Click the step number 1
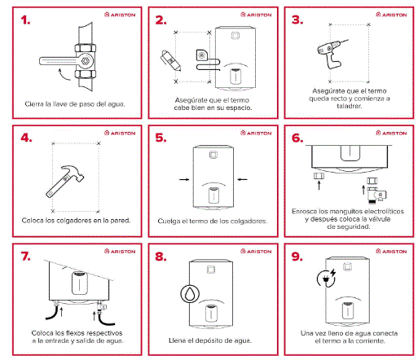tap(25, 20)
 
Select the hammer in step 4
tap(65, 182)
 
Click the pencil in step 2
tap(170, 60)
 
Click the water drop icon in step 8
tap(190, 294)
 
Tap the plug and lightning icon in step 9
tap(327, 278)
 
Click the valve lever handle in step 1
tap(59, 61)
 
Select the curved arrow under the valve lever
tap(64, 75)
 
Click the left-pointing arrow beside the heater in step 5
tap(242, 179)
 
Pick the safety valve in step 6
tap(376, 191)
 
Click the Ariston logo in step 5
tap(256, 133)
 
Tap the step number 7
tap(26, 257)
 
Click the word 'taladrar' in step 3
tap(349, 106)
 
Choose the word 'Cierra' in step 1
tap(34, 104)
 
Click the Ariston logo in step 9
tap(391, 252)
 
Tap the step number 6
tap(297, 138)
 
